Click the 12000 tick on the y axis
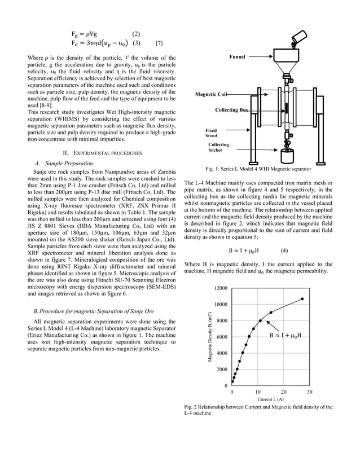221,288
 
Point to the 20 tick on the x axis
283,392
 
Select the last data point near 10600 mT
302,299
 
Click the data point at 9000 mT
271,313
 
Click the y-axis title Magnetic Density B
209,337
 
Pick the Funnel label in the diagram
238,57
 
